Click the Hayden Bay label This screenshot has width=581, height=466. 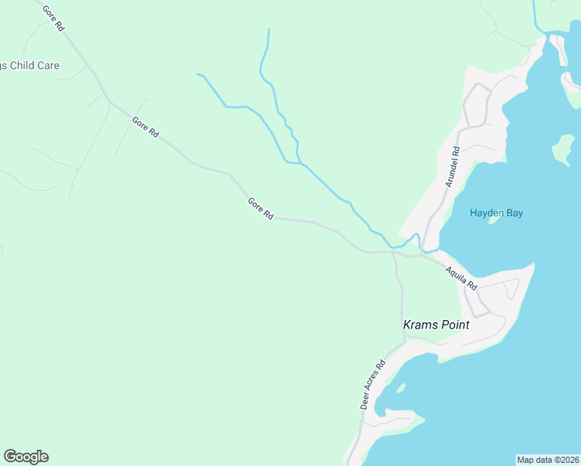click(496, 213)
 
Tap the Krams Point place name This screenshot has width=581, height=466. click(436, 325)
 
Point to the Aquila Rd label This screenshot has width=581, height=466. click(461, 277)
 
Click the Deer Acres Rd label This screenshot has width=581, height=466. click(373, 384)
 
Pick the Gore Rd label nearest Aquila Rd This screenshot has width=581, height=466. click(260, 208)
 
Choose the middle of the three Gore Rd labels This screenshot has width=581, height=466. click(145, 127)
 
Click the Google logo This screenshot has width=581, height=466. click(26, 457)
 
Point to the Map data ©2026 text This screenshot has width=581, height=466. click(548, 459)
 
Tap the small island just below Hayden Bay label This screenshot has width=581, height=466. click(492, 220)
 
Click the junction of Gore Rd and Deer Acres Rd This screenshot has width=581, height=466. click(394, 252)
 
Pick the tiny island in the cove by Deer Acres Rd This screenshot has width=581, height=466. click(401, 387)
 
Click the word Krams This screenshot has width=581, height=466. click(420, 325)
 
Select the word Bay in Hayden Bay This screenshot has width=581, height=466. click(513, 213)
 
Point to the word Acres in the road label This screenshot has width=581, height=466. click(372, 386)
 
